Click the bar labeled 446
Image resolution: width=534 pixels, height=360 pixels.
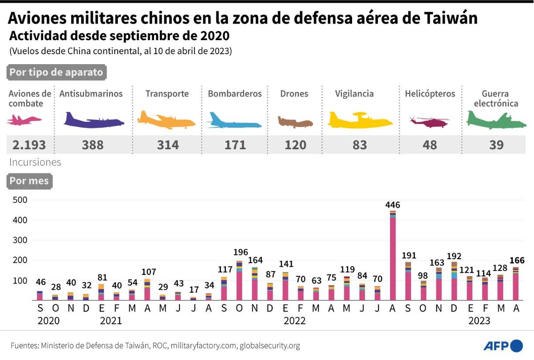tap(393, 255)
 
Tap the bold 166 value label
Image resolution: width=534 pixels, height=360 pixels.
tap(517, 261)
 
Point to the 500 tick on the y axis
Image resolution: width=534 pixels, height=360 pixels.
tap(21, 200)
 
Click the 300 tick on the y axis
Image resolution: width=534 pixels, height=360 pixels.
tap(21, 240)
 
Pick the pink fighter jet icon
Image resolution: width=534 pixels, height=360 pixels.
tap(24, 120)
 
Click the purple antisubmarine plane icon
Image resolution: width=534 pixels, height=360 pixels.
tap(93, 120)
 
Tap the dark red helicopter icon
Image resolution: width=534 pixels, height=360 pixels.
tap(429, 121)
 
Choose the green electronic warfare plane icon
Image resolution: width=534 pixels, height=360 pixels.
tap(496, 120)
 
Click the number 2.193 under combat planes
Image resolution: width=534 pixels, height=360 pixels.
tap(27, 145)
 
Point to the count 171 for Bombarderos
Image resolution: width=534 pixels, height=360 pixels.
tap(235, 145)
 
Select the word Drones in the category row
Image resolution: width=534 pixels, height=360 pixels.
tap(294, 94)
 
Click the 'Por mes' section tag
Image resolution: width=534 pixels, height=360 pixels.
tap(29, 181)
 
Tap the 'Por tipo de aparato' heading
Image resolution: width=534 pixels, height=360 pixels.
tap(56, 72)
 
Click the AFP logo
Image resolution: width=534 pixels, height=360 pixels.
tap(503, 346)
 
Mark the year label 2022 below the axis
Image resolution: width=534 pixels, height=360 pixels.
tap(294, 321)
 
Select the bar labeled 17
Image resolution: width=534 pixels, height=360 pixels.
tap(193, 298)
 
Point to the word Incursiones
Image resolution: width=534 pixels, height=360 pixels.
tap(35, 162)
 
